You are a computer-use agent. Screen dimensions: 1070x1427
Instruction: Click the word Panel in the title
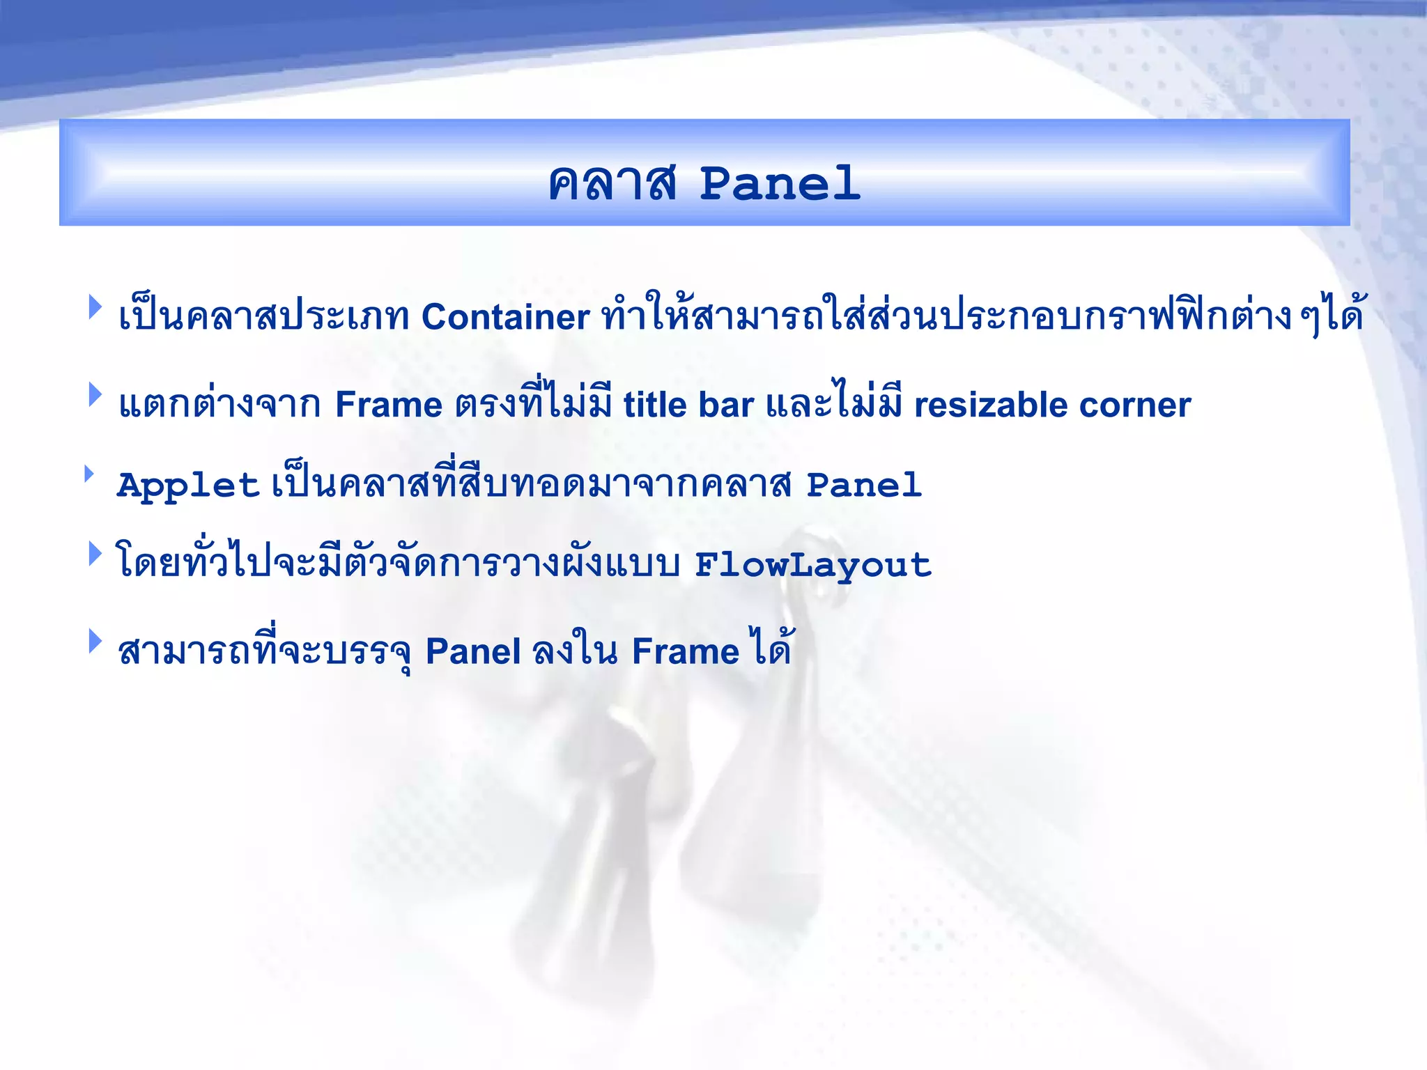point(780,184)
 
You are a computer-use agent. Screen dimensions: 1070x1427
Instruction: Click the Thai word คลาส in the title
point(612,184)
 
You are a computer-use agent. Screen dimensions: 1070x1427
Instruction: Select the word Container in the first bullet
point(506,317)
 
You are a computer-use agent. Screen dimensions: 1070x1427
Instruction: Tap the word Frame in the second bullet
point(389,405)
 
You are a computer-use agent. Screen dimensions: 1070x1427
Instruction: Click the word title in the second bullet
point(655,405)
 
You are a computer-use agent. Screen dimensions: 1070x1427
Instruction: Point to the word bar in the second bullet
point(726,405)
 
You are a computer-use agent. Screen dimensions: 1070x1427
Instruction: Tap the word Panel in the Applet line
point(864,485)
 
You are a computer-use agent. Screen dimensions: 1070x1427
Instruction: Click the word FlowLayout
point(813,565)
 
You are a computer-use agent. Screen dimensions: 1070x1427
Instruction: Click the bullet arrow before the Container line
point(95,307)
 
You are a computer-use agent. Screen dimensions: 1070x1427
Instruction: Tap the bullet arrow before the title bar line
point(95,394)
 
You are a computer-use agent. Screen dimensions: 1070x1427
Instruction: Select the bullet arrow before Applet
point(89,474)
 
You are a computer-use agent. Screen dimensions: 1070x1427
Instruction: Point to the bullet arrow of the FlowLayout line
point(95,554)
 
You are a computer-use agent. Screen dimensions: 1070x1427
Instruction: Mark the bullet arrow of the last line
point(95,641)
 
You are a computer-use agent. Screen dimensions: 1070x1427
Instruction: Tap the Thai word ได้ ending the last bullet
point(770,648)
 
